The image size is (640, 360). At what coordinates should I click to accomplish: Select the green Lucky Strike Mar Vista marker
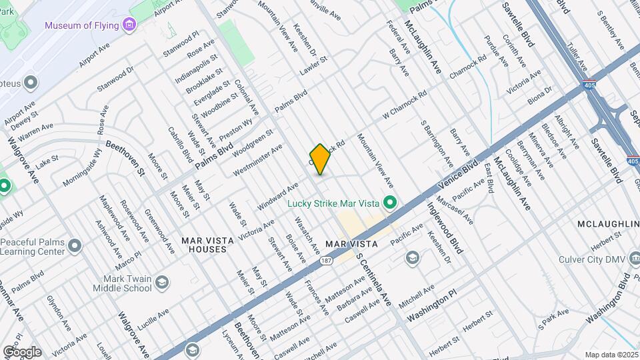pos(391,203)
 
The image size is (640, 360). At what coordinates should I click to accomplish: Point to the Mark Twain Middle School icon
pos(161,284)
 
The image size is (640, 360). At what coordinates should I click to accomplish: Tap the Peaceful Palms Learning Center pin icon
pos(75,246)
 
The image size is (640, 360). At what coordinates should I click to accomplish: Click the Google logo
pos(22,352)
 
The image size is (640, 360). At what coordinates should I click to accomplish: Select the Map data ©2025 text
pos(611,355)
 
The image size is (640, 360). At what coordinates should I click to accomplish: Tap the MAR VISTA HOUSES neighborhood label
pos(207,244)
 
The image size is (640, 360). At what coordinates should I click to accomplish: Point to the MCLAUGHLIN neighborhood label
pos(607,223)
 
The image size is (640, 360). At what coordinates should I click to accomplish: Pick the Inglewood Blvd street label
pos(445,228)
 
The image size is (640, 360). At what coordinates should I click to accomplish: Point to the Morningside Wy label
pos(82,169)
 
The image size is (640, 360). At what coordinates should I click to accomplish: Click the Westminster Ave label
pos(257,160)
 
